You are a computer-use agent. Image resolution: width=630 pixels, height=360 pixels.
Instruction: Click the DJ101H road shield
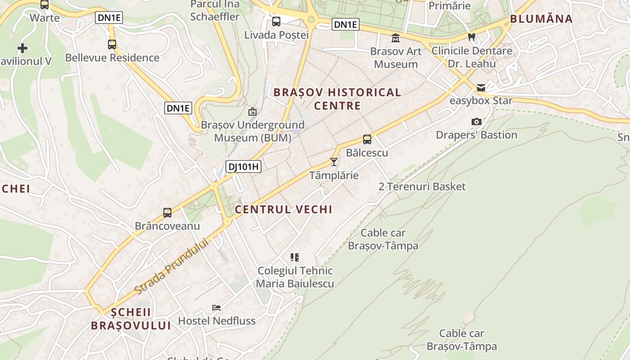pyautogui.click(x=243, y=167)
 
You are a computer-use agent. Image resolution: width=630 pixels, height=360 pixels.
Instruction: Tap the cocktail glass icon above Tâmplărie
pyautogui.click(x=334, y=162)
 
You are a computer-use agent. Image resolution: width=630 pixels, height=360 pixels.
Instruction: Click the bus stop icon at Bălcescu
pyautogui.click(x=367, y=139)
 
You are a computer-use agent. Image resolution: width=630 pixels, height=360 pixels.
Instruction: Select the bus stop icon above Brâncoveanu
pyautogui.click(x=167, y=212)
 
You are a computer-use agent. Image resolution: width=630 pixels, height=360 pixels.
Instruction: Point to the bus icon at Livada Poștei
pyautogui.click(x=276, y=21)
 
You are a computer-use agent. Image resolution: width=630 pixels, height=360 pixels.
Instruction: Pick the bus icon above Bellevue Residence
pyautogui.click(x=112, y=45)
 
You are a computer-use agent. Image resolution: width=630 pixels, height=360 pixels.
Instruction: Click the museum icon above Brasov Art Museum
pyautogui.click(x=396, y=38)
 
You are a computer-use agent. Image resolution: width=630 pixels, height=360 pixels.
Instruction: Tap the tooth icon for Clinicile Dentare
pyautogui.click(x=472, y=37)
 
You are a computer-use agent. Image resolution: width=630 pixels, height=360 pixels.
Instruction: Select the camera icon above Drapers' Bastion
pyautogui.click(x=476, y=121)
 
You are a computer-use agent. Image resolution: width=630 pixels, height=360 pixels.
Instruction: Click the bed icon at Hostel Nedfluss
pyautogui.click(x=216, y=308)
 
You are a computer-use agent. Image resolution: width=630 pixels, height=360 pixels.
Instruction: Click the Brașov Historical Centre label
pyautogui.click(x=337, y=99)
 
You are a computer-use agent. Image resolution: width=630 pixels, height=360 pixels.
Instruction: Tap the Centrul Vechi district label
pyautogui.click(x=283, y=209)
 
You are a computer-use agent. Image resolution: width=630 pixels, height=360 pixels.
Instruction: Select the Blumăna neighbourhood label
pyautogui.click(x=541, y=19)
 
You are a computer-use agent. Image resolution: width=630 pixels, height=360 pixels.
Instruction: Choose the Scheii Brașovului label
pyautogui.click(x=131, y=319)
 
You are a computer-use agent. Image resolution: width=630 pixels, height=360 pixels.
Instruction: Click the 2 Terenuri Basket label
pyautogui.click(x=422, y=186)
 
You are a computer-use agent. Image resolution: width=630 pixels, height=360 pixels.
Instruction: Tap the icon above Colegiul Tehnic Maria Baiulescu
pyautogui.click(x=295, y=257)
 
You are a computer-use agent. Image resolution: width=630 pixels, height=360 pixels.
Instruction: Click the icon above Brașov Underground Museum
pyautogui.click(x=252, y=112)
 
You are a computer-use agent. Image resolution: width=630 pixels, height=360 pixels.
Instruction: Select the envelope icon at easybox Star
pyautogui.click(x=481, y=88)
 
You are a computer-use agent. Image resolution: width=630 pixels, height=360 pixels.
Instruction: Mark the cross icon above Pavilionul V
pyautogui.click(x=22, y=48)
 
